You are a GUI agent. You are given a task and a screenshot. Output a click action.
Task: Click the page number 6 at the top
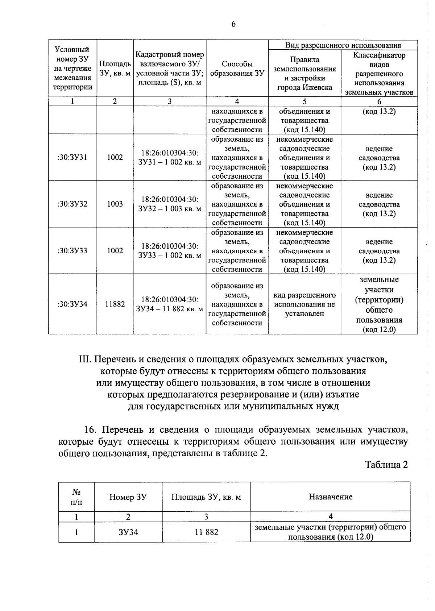pos(233,24)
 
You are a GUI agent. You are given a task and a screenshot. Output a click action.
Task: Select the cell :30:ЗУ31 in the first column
pos(72,157)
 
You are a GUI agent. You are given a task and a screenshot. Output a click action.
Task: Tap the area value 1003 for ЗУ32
pos(115,204)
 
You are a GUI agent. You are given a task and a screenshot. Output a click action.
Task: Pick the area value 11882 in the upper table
pos(115,304)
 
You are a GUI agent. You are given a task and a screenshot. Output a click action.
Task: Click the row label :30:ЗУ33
pos(72,250)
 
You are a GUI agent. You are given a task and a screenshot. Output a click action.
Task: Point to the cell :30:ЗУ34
pos(72,304)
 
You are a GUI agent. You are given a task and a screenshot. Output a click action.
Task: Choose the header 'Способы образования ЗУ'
pos(237,68)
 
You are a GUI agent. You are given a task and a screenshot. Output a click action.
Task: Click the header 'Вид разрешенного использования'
pos(343,45)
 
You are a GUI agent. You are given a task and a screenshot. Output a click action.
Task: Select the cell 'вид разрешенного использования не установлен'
pos(304,304)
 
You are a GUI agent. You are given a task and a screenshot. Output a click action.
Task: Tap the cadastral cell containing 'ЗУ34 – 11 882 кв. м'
pos(170,304)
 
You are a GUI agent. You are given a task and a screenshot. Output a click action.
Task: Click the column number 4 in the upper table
pos(237,101)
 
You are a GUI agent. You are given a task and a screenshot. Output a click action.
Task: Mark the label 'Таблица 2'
pos(386,465)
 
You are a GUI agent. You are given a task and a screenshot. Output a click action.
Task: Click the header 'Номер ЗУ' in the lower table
pos(128,497)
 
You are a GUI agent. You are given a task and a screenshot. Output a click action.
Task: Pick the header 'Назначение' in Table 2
pos(330,497)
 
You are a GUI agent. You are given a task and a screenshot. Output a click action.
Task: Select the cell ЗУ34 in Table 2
pos(128,532)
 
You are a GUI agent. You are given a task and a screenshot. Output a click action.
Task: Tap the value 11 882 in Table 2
pos(206,532)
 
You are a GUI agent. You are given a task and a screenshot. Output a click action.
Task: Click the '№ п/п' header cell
pos(76,497)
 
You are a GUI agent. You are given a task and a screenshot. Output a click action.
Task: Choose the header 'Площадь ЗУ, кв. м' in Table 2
pos(206,497)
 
